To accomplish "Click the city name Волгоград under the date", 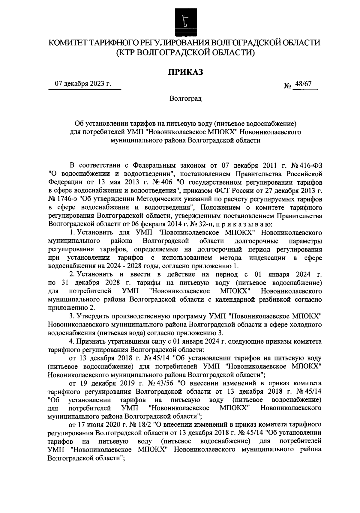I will tap(185, 99).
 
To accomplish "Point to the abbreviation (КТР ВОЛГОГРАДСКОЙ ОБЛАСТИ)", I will tap(185, 53).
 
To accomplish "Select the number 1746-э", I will tap(62, 199).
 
